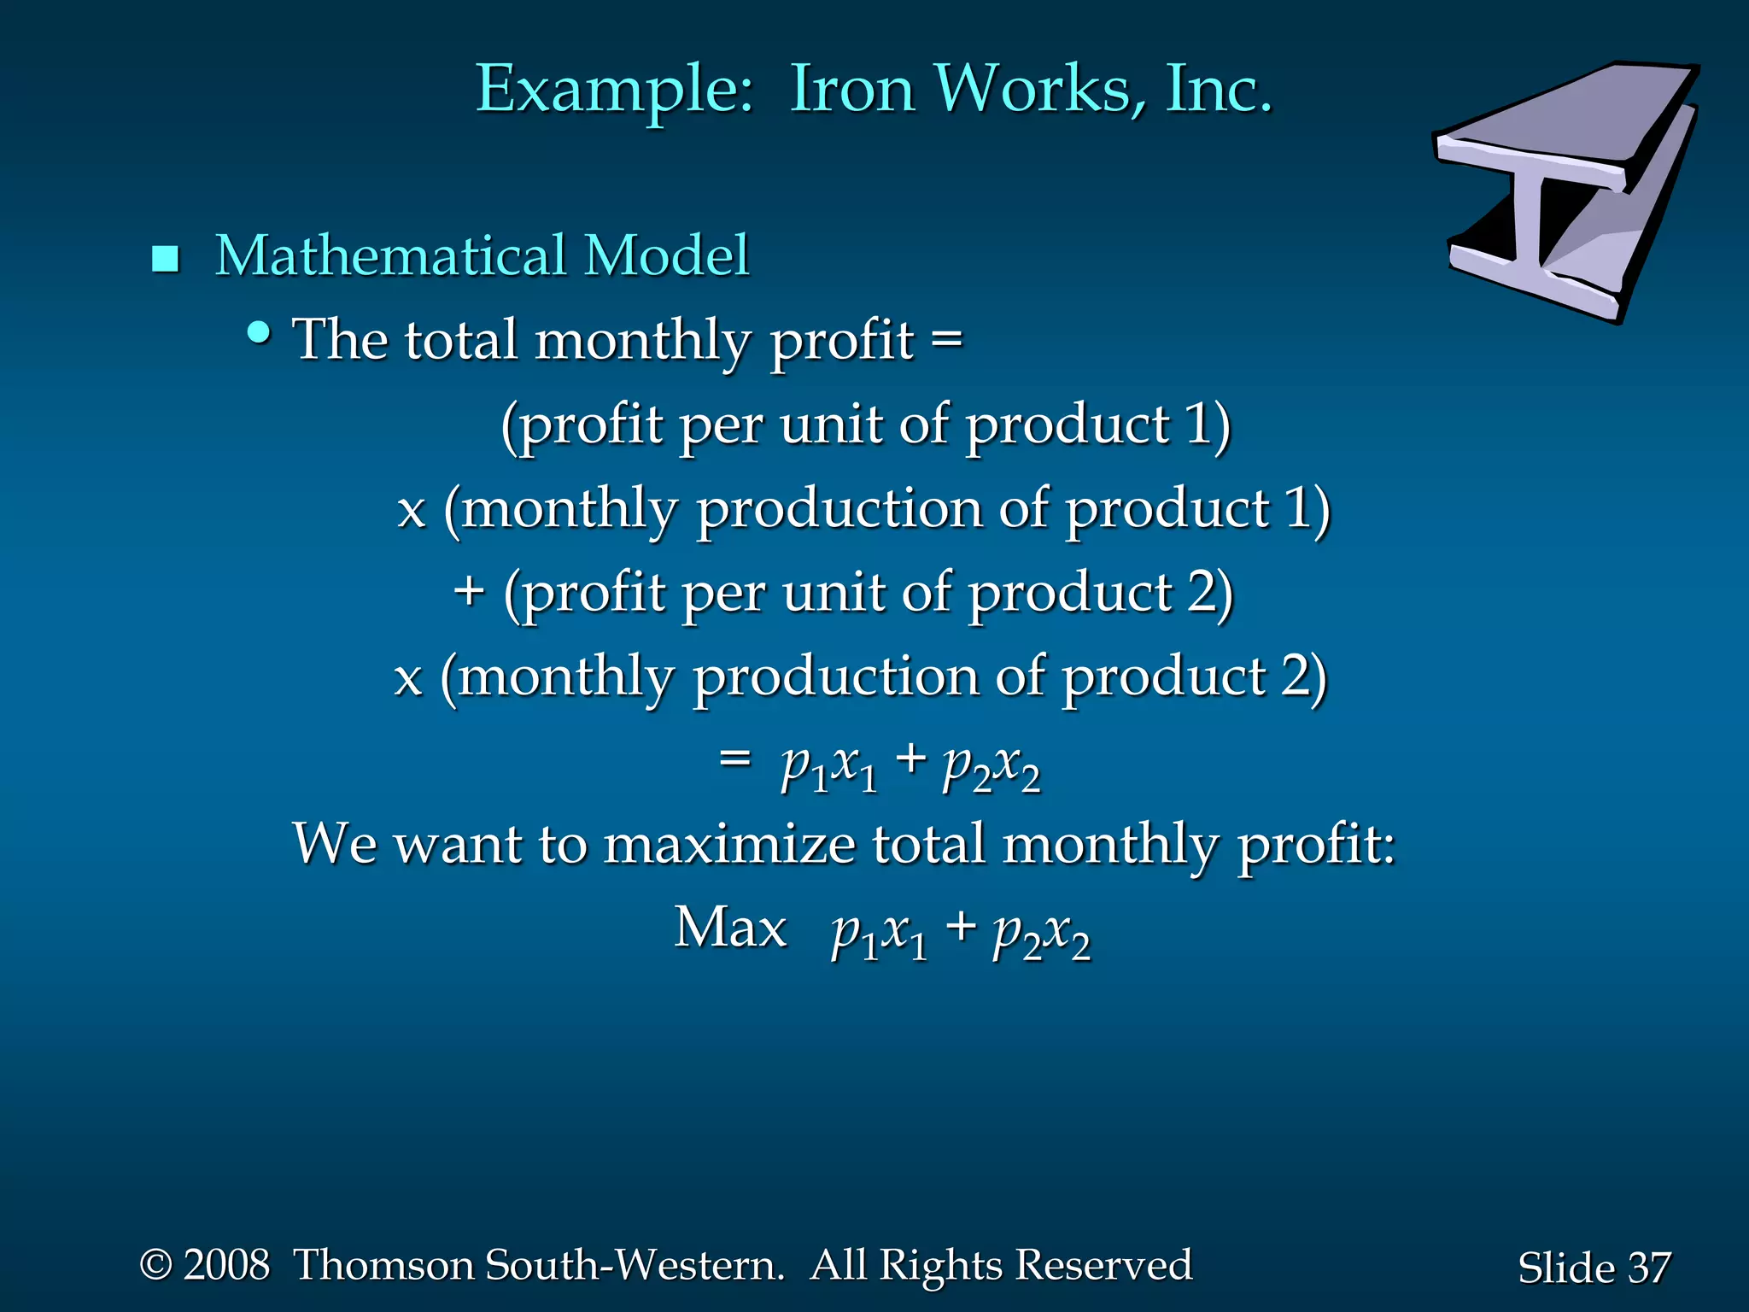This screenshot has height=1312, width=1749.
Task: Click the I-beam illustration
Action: [x=1567, y=192]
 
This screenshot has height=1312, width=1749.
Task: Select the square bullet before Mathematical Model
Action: [x=165, y=259]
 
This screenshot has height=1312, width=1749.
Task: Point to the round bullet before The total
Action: [x=259, y=332]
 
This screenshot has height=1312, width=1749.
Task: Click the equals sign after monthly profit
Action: [x=946, y=339]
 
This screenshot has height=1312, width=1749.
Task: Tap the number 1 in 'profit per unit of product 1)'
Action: [x=1198, y=425]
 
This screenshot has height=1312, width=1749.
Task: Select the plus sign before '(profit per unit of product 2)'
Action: [x=469, y=591]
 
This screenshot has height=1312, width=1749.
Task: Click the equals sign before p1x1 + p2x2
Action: [x=734, y=758]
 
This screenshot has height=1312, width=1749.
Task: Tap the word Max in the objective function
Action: [x=730, y=928]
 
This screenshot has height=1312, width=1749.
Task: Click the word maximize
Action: [x=729, y=844]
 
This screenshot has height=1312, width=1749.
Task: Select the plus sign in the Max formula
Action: [x=961, y=926]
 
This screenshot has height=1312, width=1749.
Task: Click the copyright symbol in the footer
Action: [x=155, y=1265]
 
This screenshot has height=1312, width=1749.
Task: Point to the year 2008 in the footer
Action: [x=226, y=1265]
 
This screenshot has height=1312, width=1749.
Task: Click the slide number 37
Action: [x=1648, y=1268]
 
